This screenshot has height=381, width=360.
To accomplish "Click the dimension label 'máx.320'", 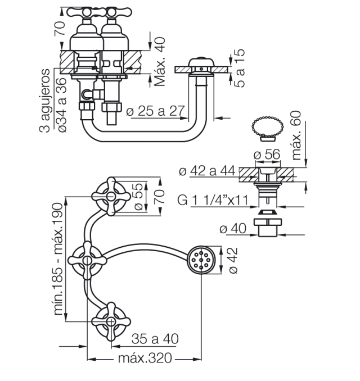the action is point(145,358).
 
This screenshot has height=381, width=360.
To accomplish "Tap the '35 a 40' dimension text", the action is point(155,339).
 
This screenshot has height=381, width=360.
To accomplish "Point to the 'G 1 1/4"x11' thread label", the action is point(213,200).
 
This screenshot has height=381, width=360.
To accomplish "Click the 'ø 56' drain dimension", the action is point(267,155).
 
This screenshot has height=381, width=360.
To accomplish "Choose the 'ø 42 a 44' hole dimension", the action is point(207,171).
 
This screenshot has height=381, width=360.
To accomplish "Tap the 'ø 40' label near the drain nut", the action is point(233,228).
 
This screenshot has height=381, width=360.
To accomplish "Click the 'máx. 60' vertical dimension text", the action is point(296,135).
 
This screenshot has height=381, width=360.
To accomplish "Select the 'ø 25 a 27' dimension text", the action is point(155,111).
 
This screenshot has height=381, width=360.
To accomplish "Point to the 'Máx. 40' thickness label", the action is point(160,62).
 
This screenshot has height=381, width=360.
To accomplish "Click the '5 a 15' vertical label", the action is point(240,68).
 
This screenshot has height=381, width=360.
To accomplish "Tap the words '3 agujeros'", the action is point(44,101).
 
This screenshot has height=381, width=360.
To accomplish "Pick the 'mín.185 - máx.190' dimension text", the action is point(58,259).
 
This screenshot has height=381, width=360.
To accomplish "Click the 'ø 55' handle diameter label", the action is point(138,197).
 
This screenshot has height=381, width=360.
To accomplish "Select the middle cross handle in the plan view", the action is point(87,260).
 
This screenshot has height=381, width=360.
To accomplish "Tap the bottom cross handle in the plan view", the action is point(111,321).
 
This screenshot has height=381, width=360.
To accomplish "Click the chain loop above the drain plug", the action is point(268,126).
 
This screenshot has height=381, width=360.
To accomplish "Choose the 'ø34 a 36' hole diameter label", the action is point(62,105).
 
